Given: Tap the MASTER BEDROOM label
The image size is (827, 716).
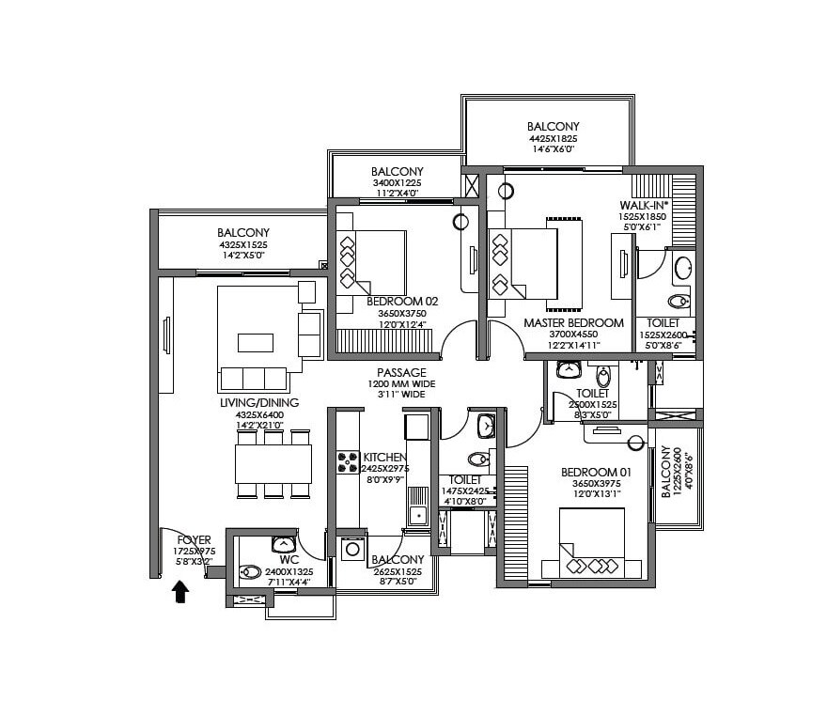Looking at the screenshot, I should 573,323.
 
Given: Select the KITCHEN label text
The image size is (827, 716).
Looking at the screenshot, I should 384,458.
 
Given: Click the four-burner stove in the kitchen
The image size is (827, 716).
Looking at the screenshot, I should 348,461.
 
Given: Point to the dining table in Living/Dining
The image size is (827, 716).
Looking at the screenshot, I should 273,463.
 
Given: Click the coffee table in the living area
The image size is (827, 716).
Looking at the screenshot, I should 256,342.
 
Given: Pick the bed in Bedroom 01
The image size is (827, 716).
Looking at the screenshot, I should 592,543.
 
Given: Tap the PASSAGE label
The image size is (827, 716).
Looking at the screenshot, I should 402,373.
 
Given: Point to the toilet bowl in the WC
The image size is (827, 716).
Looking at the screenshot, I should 249,571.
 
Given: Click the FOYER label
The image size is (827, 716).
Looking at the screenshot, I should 195,540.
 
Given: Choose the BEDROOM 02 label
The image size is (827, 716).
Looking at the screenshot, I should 397,301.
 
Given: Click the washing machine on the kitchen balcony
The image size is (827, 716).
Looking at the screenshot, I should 353,549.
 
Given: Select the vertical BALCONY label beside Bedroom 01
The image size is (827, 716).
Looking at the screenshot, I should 666,472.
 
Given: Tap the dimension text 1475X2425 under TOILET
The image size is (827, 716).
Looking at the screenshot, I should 465,490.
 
